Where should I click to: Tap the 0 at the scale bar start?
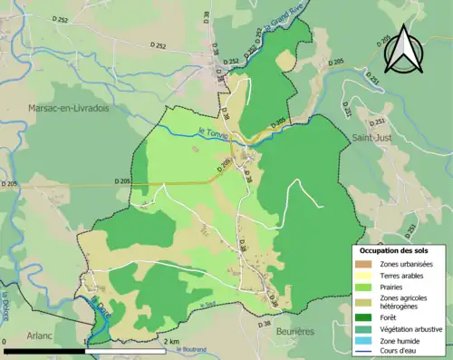tap(5, 341)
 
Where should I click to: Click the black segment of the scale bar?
tap(45, 349)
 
